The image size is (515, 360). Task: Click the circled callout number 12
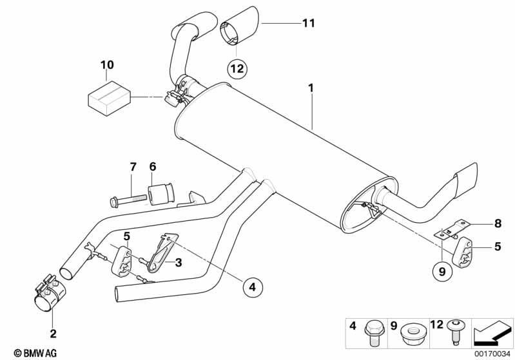pyautogui.click(x=237, y=69)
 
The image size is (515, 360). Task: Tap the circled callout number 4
pyautogui.click(x=253, y=287)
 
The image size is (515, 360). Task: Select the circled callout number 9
pyautogui.click(x=442, y=272)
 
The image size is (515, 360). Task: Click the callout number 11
pyautogui.click(x=309, y=23)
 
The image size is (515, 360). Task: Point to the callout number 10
pyautogui.click(x=107, y=64)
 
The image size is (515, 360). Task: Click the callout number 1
pyautogui.click(x=311, y=88)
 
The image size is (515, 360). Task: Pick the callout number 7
pyautogui.click(x=133, y=167)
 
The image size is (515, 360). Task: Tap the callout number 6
pyautogui.click(x=153, y=167)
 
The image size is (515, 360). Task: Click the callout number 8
pyautogui.click(x=498, y=223)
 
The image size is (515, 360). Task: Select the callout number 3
pyautogui.click(x=179, y=262)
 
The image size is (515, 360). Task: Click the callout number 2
pyautogui.click(x=53, y=334)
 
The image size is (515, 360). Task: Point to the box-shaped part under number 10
pyautogui.click(x=110, y=98)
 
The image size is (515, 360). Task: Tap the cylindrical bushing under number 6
pyautogui.click(x=162, y=194)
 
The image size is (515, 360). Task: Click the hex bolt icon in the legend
pyautogui.click(x=372, y=333)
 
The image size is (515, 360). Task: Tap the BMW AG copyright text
pyautogui.click(x=35, y=353)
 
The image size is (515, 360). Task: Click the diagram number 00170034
pyautogui.click(x=492, y=354)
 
